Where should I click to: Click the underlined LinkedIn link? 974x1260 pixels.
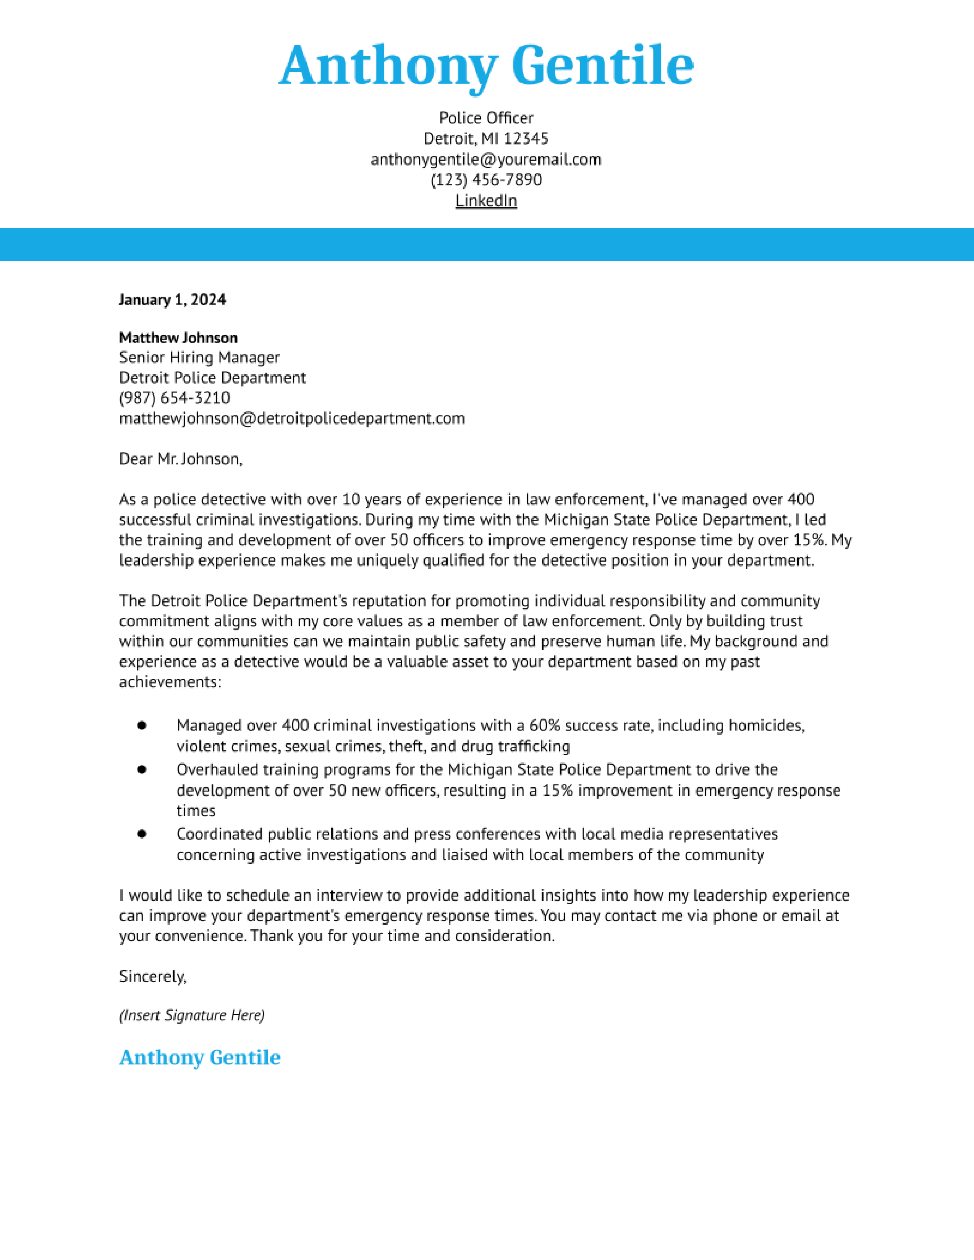pyautogui.click(x=486, y=200)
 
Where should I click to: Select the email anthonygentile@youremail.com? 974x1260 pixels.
pyautogui.click(x=486, y=159)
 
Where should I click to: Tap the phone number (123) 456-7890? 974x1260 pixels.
pyautogui.click(x=486, y=180)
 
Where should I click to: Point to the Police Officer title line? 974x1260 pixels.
pyautogui.click(x=486, y=118)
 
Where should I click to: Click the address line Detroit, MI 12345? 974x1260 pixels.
pyautogui.click(x=486, y=139)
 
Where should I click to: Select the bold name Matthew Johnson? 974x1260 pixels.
pyautogui.click(x=178, y=338)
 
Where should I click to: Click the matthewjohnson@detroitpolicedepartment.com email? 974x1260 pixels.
pyautogui.click(x=291, y=418)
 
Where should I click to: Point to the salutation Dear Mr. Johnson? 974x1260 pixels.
pyautogui.click(x=181, y=459)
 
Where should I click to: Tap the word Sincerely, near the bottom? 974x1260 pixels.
pyautogui.click(x=153, y=976)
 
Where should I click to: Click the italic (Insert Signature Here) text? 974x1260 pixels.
pyautogui.click(x=192, y=1015)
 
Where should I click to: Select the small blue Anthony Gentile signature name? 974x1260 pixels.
pyautogui.click(x=200, y=1058)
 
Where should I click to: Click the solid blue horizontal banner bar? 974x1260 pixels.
pyautogui.click(x=487, y=245)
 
